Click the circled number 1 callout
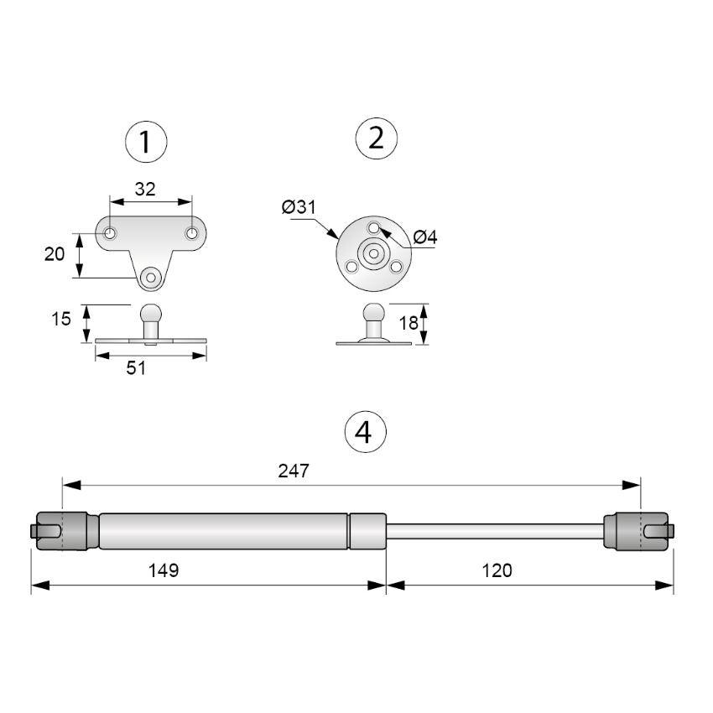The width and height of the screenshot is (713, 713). [146, 142]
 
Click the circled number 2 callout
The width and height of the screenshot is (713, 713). [377, 138]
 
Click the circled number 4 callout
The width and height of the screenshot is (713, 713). [365, 432]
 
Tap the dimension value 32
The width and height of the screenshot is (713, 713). [145, 189]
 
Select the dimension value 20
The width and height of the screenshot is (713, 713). [55, 253]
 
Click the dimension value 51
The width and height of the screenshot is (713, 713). [136, 367]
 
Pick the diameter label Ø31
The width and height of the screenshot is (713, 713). [299, 206]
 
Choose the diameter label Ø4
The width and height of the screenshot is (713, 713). [425, 237]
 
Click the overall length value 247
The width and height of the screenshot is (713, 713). [294, 471]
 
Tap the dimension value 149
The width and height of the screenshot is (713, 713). [164, 570]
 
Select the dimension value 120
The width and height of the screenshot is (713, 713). [497, 570]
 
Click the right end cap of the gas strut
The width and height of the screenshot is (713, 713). [639, 531]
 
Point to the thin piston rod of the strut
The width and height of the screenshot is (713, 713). [495, 531]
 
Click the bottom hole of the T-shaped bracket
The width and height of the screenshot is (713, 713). [151, 277]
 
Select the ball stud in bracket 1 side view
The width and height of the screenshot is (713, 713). [150, 317]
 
